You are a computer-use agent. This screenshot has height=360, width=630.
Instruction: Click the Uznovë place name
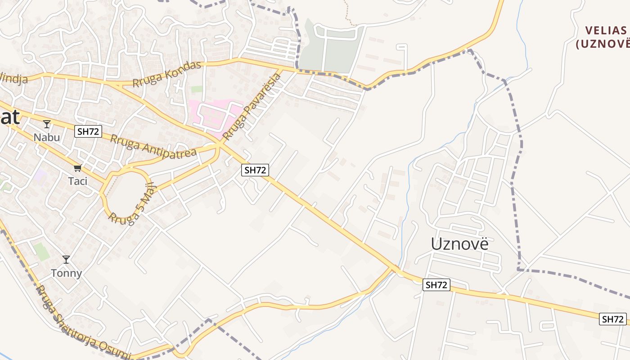(x=459, y=243)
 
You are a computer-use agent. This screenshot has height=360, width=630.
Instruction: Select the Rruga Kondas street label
(x=167, y=74)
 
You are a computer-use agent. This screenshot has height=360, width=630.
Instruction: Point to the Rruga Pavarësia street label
(x=252, y=106)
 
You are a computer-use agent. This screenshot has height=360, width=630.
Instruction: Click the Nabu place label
(x=47, y=137)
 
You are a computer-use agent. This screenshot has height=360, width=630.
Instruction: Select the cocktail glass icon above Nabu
(x=47, y=124)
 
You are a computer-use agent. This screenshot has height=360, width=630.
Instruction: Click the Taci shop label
(x=77, y=181)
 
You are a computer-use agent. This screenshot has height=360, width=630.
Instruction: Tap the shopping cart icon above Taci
(x=77, y=168)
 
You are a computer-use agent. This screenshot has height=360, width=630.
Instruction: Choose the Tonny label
(x=66, y=273)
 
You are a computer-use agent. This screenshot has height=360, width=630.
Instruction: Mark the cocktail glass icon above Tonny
(x=66, y=260)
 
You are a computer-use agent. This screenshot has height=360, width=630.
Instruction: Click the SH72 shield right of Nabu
(x=88, y=131)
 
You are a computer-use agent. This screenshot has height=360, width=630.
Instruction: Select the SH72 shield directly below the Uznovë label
(x=436, y=284)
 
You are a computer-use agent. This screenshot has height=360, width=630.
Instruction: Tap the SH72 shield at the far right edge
(x=613, y=319)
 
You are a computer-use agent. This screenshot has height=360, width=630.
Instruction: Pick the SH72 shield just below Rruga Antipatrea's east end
(x=255, y=170)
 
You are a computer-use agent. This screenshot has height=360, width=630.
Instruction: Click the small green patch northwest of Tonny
(x=42, y=252)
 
